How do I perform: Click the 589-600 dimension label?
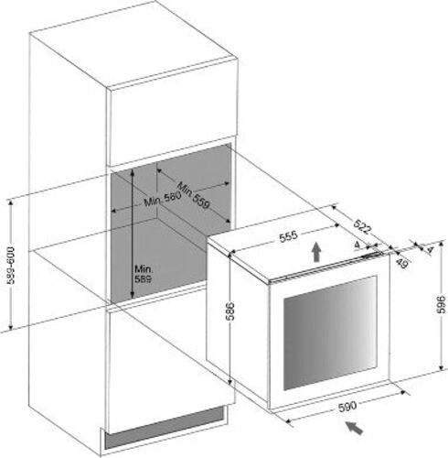(11, 266)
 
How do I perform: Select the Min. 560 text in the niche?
(163, 199)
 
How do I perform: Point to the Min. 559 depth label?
(194, 195)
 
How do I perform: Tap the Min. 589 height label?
(144, 274)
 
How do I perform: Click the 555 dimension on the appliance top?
(288, 236)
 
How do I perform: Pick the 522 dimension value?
(363, 226)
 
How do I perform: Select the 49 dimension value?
(402, 263)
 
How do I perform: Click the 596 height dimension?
(441, 304)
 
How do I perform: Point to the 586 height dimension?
(230, 311)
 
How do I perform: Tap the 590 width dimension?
(347, 406)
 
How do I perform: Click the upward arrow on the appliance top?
(316, 252)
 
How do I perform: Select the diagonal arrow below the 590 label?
(354, 427)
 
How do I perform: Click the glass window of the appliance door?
(330, 333)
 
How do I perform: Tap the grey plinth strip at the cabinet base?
(164, 429)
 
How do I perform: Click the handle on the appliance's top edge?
(372, 256)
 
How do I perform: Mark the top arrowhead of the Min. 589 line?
(132, 171)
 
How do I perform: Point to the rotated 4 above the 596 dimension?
(430, 250)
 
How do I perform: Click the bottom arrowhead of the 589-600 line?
(11, 327)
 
